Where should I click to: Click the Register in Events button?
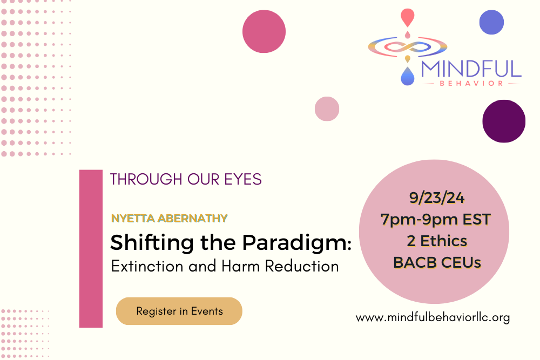pos(179,311)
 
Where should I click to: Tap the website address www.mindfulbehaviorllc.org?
pos(433,317)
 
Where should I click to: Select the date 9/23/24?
pos(436,198)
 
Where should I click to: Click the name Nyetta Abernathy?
pos(169,218)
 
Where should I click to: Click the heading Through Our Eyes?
pos(186,180)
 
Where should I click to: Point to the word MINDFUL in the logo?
pos(471,69)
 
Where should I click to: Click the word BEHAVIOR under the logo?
pos(471,84)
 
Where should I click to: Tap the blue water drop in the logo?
pos(407,77)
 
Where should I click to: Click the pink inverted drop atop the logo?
pos(407,17)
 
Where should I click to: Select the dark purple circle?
pos(504,121)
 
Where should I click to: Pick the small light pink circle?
pos(327,108)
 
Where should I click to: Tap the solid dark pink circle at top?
pos(264,32)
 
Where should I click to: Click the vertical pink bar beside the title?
pos(91,248)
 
